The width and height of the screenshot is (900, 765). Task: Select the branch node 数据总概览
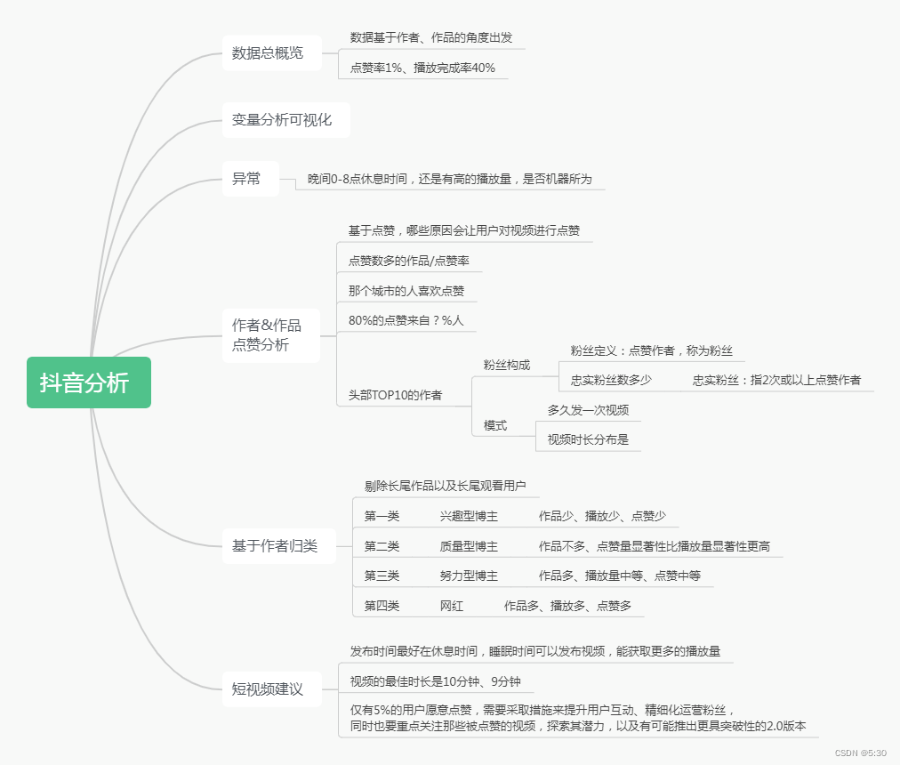(x=268, y=53)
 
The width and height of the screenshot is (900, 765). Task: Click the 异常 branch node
(x=246, y=179)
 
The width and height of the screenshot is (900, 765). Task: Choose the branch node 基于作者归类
(x=275, y=546)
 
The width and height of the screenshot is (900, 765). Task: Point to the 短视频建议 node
(x=268, y=689)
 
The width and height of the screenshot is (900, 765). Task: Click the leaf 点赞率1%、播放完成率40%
(x=422, y=68)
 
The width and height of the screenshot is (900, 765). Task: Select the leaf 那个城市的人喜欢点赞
(x=406, y=291)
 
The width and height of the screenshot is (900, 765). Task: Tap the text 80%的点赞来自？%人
(x=406, y=320)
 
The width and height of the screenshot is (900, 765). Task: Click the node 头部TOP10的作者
(x=395, y=395)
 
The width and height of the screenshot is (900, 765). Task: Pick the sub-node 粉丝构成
(x=507, y=366)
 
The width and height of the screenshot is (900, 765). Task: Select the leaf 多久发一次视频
(x=588, y=410)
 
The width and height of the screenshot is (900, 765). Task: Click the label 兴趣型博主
(x=469, y=516)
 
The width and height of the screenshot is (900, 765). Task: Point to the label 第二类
(x=382, y=546)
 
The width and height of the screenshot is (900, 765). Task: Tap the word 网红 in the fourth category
(x=452, y=606)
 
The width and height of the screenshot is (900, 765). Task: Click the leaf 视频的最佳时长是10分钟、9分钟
(x=436, y=682)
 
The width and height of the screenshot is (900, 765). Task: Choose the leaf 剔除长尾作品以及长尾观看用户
(x=446, y=486)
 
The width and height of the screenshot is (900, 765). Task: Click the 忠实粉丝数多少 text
(x=611, y=380)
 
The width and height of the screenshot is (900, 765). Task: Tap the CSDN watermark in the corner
(x=861, y=753)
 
